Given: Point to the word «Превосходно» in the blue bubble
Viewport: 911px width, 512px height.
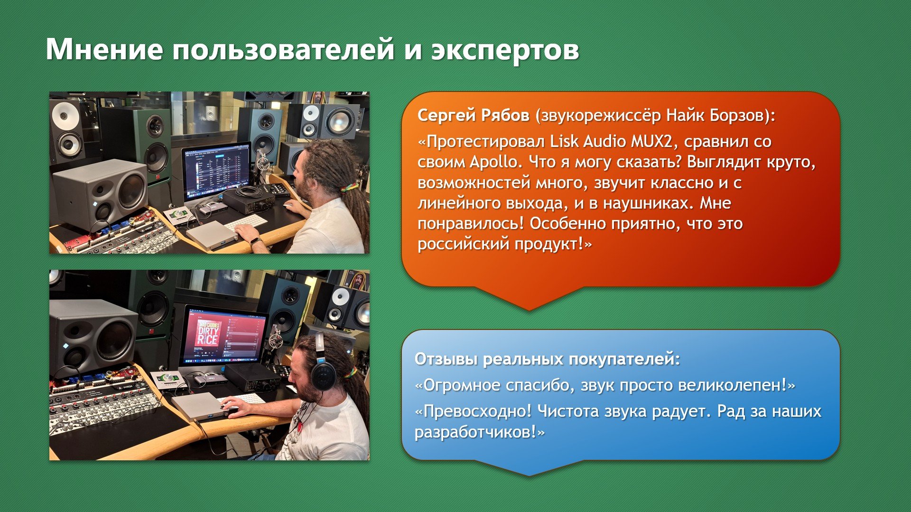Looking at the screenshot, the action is click(x=476, y=411).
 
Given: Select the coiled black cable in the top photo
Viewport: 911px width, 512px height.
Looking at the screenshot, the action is click(x=246, y=191).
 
